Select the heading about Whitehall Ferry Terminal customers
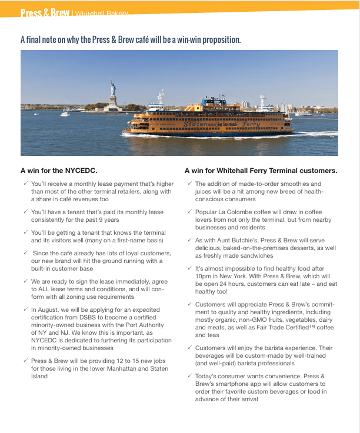(261, 171)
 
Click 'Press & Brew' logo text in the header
(45, 13)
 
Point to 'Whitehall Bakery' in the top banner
(101, 14)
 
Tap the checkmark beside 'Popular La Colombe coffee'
(189, 211)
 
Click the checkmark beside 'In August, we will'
(25, 309)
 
